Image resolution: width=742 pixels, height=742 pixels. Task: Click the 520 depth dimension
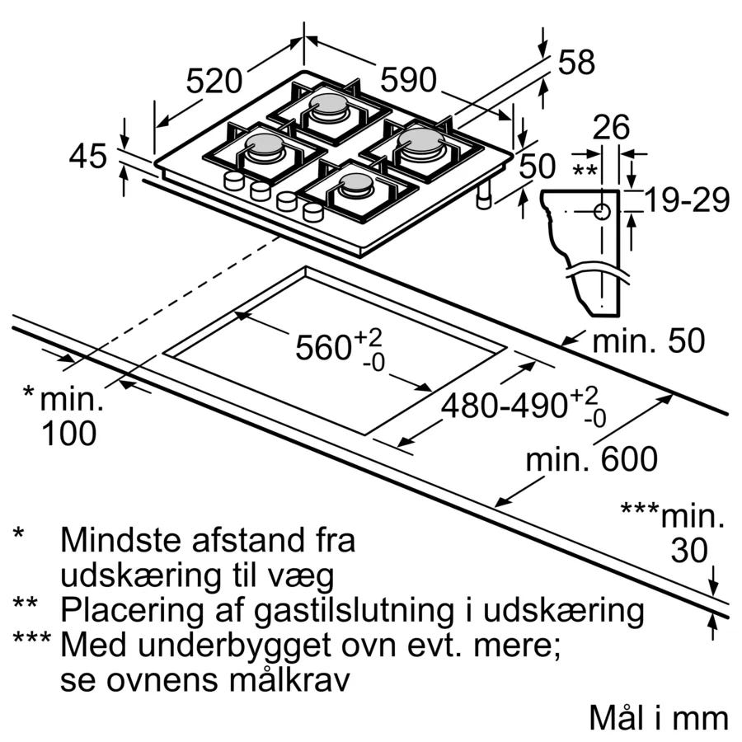pos(214,81)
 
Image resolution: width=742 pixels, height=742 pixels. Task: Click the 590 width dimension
pos(408,80)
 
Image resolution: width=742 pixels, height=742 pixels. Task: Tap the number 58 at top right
pos(576,63)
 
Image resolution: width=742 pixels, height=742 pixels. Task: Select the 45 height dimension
pos(88,156)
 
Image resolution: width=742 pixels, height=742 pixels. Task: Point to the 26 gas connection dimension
pos(611,128)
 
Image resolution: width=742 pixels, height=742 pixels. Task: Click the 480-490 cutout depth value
pos(504,406)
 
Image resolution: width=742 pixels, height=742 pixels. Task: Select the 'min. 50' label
pos(649,340)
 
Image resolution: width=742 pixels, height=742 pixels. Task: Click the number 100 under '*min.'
pos(68,433)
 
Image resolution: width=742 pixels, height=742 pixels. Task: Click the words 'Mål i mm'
pos(659,717)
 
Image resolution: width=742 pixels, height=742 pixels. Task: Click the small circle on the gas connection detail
pos(603,211)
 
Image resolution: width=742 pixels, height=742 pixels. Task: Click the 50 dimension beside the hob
pos(538,167)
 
